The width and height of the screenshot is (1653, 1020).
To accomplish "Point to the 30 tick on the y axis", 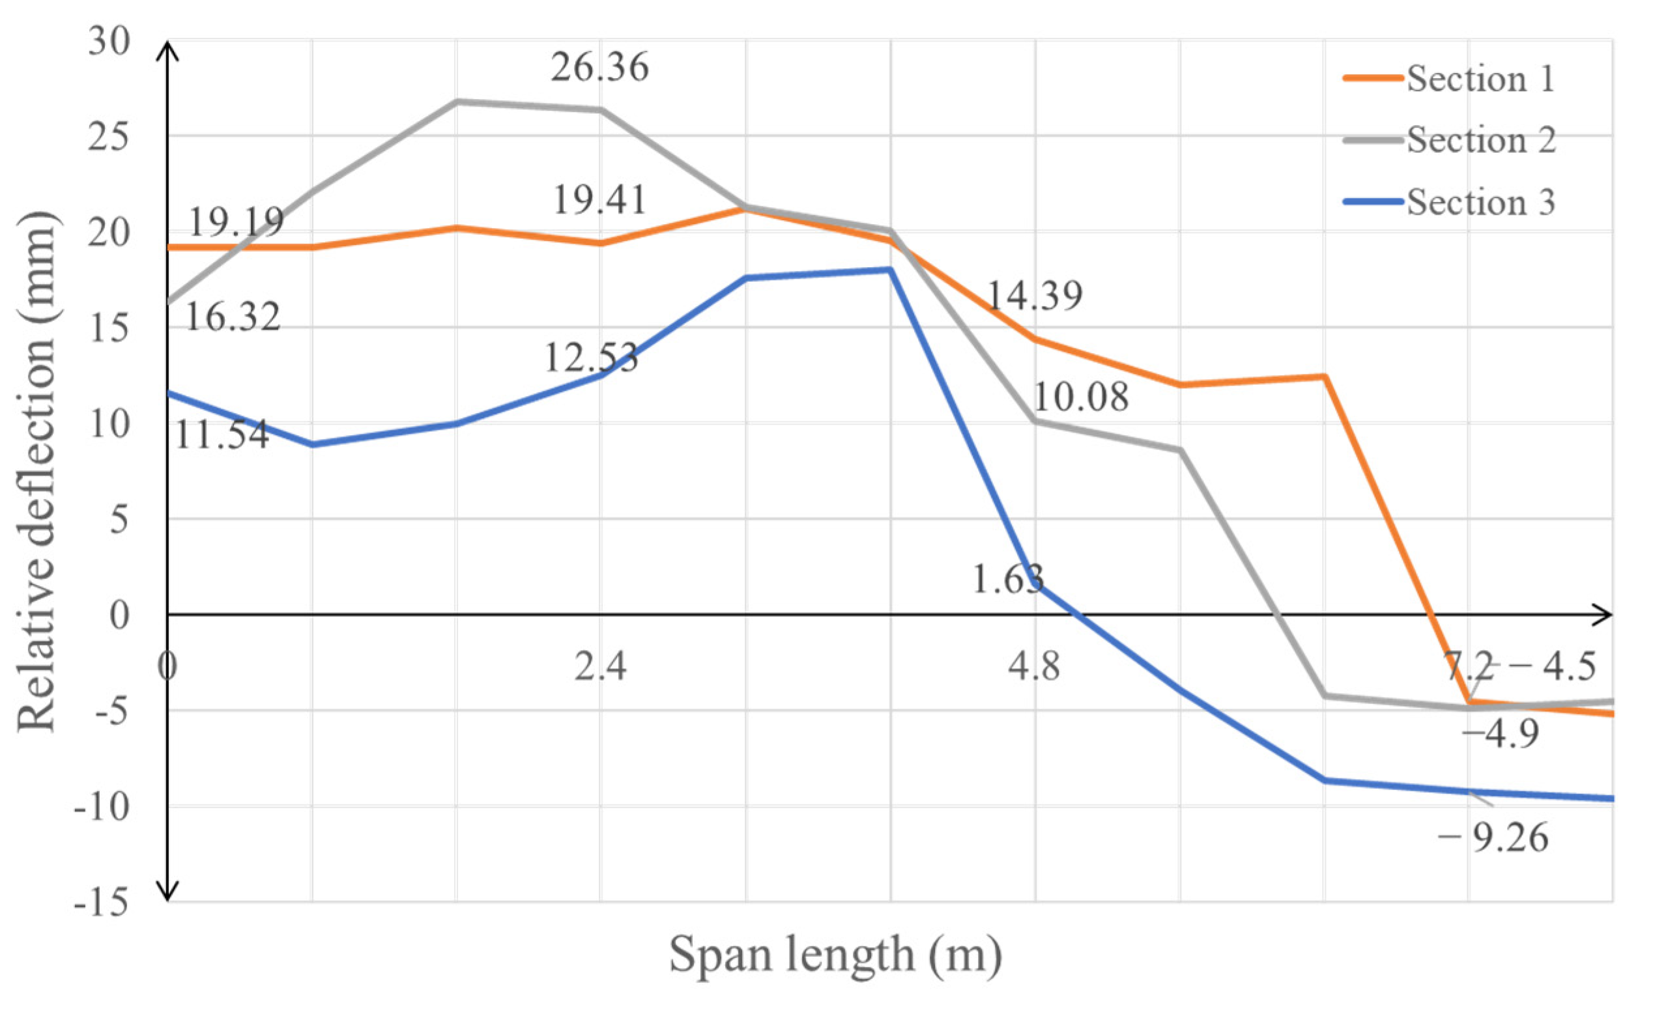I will click(109, 42).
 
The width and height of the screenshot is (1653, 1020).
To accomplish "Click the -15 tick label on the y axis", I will click(101, 902).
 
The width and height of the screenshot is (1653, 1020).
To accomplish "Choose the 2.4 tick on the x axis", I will click(600, 666).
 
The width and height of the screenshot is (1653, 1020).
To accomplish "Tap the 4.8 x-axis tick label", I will click(1033, 666).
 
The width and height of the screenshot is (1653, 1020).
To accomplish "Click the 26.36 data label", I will click(599, 68).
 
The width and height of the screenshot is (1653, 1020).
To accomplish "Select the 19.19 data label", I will click(236, 221).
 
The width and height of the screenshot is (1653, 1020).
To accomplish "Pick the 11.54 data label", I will click(222, 434).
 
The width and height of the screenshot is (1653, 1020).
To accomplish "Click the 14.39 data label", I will click(1033, 296).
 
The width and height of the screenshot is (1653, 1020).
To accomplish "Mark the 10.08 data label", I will click(1080, 397).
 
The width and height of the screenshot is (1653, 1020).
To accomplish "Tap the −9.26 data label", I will click(1493, 838).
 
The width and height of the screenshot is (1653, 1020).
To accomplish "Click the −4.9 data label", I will click(1500, 733).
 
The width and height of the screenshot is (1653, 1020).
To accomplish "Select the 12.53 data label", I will click(591, 358).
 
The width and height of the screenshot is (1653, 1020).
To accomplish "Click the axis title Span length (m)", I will click(835, 956).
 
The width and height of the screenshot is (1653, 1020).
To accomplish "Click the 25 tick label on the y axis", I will click(109, 137).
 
